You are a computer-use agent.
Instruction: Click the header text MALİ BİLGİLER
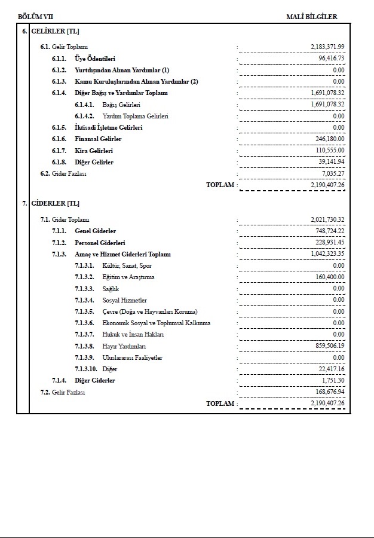point(311,17)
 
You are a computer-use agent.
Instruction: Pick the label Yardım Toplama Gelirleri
point(135,116)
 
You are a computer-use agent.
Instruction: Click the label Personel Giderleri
point(100,243)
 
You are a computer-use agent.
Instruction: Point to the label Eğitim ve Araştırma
point(128,277)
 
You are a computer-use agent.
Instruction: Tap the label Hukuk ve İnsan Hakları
point(133,335)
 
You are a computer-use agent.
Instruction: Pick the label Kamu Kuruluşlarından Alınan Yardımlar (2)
point(136,81)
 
